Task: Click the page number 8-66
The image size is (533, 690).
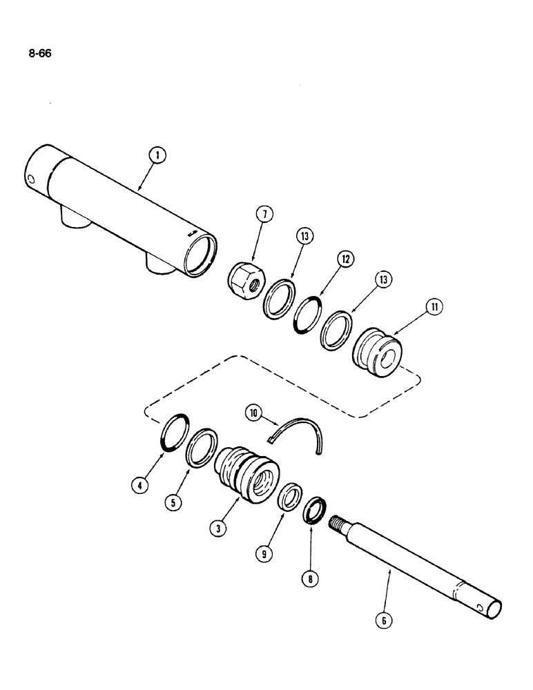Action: [39, 51]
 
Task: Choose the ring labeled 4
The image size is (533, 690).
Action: [173, 440]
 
